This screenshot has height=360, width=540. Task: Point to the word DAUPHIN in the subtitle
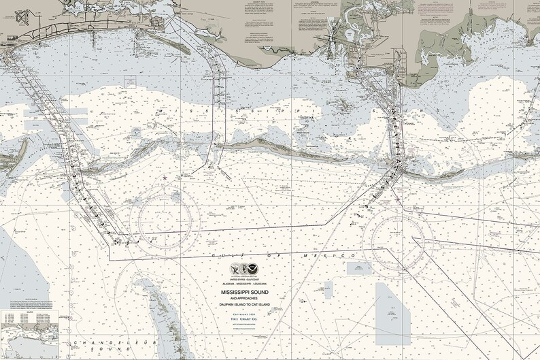(229, 305)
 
